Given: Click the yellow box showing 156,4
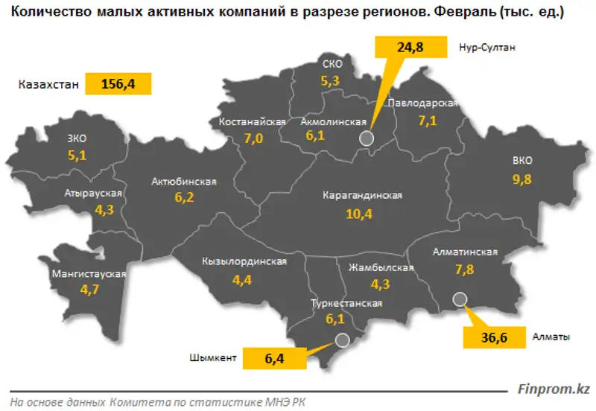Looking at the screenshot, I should click(x=119, y=84).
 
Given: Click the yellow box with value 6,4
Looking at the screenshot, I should click(x=275, y=358).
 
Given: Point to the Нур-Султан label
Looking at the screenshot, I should click(x=487, y=47).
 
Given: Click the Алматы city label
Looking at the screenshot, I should click(x=551, y=337).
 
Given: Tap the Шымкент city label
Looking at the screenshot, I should click(x=213, y=358).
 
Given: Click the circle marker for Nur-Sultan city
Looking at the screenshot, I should click(x=366, y=138).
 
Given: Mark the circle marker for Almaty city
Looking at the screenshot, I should click(x=460, y=299).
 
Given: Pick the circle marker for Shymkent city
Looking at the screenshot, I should click(x=342, y=340).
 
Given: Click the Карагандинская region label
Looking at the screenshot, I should click(x=362, y=195).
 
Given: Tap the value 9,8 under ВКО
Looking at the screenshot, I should click(x=521, y=179).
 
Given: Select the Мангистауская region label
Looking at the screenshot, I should click(x=89, y=274).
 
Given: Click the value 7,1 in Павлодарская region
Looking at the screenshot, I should click(x=428, y=121).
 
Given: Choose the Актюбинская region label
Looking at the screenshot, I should click(x=183, y=181).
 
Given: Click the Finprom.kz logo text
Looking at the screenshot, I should click(x=554, y=389).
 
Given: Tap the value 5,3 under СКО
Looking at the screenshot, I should click(x=329, y=81).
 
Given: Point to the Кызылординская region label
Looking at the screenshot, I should click(x=244, y=262).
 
